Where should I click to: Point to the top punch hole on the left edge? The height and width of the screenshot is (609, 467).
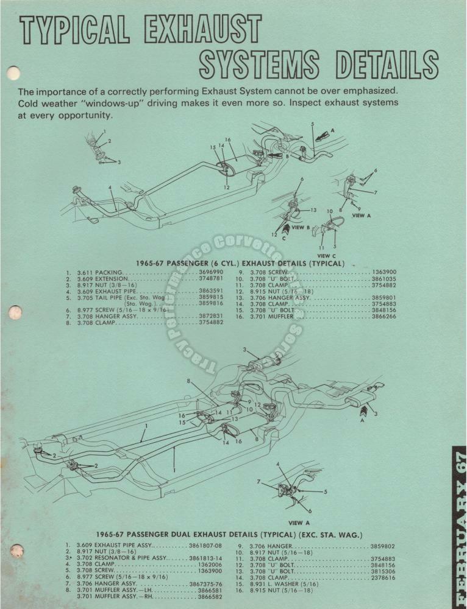(x=13, y=74)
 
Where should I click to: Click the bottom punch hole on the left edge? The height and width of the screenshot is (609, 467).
(x=17, y=551)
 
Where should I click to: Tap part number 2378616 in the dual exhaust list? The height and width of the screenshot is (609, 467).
(x=382, y=577)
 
